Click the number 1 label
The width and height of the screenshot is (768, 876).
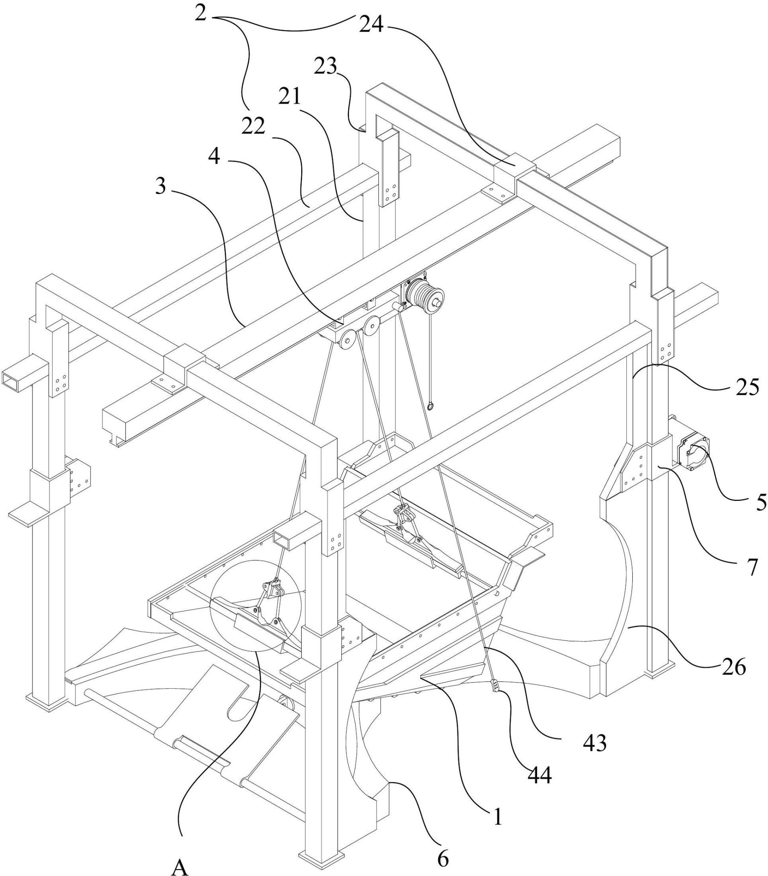pyautogui.click(x=497, y=816)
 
